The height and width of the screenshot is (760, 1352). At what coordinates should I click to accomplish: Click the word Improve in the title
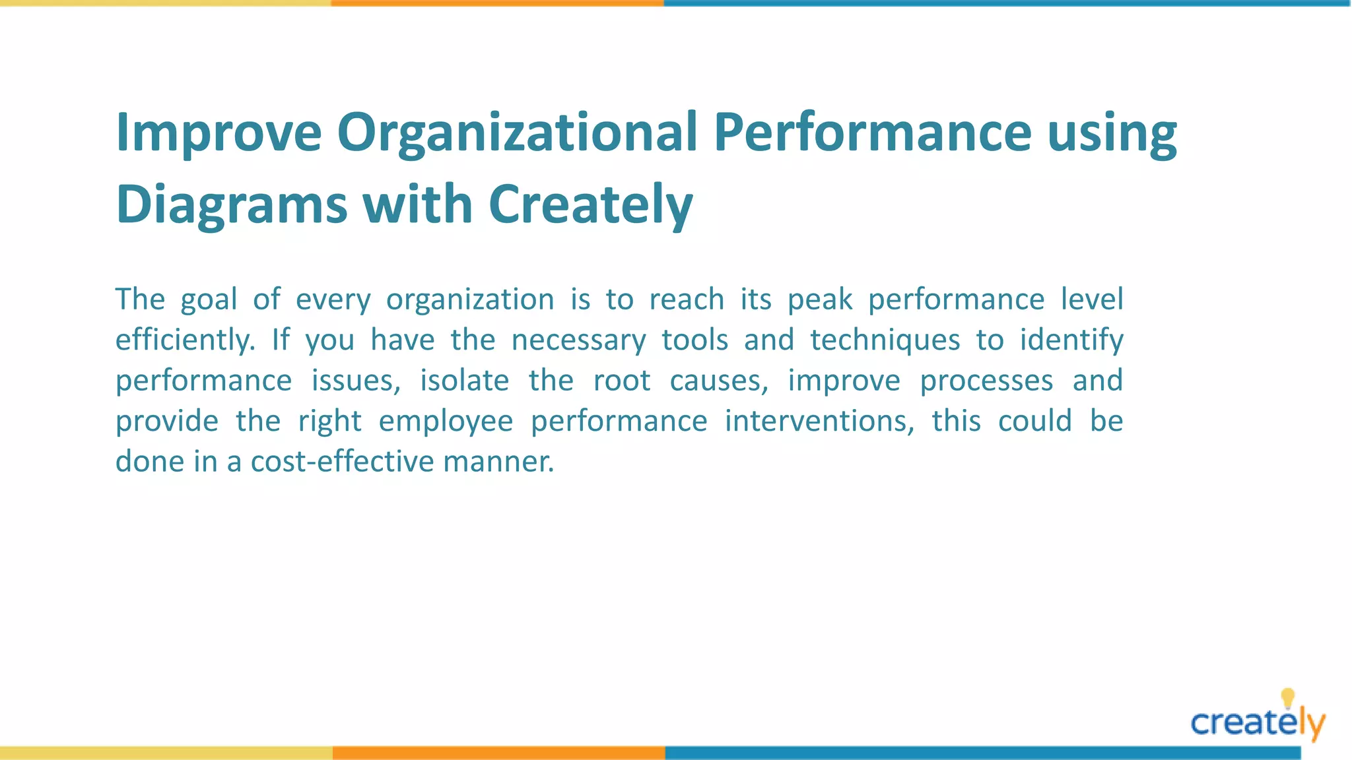coord(219,133)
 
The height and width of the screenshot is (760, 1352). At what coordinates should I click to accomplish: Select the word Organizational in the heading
coord(517,133)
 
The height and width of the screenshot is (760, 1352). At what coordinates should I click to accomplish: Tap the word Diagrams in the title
coord(231,205)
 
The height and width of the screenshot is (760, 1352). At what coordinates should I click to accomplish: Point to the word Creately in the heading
coord(590,205)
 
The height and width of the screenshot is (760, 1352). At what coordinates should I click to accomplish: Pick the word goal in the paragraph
coord(209,300)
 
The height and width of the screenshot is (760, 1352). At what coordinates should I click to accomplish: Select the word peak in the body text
coord(820,300)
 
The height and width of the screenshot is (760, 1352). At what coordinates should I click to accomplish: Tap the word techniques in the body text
coord(885,340)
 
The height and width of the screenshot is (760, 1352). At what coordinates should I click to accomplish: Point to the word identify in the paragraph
coord(1071,340)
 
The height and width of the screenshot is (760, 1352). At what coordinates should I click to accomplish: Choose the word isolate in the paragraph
coord(464,381)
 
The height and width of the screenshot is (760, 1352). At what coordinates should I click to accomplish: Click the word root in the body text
coord(621,381)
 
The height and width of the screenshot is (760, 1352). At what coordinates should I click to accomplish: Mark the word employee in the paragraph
coord(446,422)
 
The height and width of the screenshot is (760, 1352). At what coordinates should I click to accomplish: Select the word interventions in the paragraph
coord(819,422)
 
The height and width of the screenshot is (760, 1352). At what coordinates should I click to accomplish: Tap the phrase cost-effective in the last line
coord(343,462)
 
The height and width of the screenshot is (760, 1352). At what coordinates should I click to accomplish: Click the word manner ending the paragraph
coord(498,462)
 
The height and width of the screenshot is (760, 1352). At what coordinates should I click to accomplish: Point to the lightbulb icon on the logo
coord(1287,697)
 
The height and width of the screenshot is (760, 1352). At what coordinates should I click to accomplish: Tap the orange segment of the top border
coord(497,3)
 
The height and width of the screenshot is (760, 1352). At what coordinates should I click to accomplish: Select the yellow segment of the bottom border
coord(166,753)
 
